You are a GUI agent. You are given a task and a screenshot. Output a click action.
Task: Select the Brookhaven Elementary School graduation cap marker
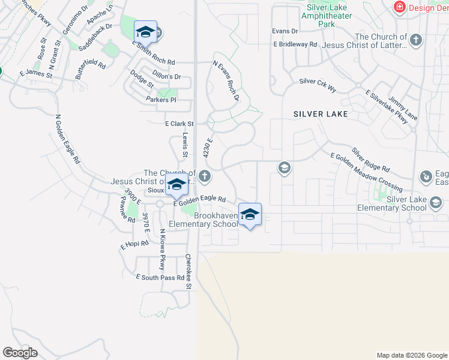pos(250,215)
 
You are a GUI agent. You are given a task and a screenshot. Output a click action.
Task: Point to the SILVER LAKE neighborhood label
pos(321,113)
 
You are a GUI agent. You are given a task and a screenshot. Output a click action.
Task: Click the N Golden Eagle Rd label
pos(67,139)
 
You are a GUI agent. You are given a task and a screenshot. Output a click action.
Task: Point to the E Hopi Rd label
pos(133,246)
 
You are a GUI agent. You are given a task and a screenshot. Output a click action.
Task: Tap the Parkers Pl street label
pos(161,100)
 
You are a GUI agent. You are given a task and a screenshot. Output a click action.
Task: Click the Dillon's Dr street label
pos(166,77)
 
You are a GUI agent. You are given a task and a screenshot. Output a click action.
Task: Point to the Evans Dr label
pos(285,31)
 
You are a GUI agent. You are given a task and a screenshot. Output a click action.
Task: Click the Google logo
pos(20,353)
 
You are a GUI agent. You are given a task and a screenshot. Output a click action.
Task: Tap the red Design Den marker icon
pos(399,7)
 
